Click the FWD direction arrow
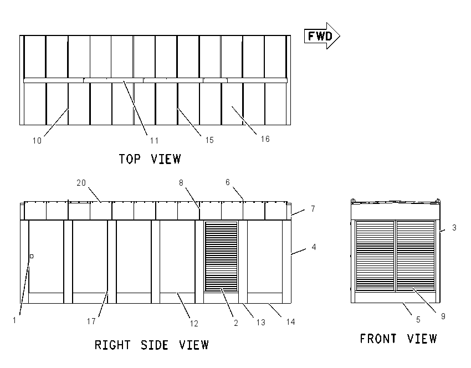pos(322,36)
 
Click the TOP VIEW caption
pos(150,159)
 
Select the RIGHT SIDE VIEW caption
pos(152,345)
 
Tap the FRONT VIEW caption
pos(398,339)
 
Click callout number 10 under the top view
pos(37,141)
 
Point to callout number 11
pos(154,141)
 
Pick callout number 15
pos(209,140)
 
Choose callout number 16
pos(265,139)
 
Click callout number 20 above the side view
pos(81,183)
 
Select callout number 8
pos(181,183)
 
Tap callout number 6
pos(227,182)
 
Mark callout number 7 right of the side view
pos(313,208)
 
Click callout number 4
pos(314,247)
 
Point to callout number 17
pos(91,321)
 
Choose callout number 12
pos(194,324)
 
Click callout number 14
pos(290,322)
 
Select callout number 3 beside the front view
pos(454,228)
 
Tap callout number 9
pos(443,316)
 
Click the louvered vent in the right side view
pos(221,256)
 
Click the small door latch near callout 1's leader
pos(32,256)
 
